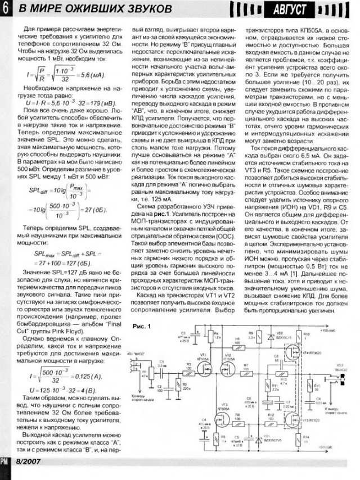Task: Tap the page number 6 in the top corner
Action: pos(4,10)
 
